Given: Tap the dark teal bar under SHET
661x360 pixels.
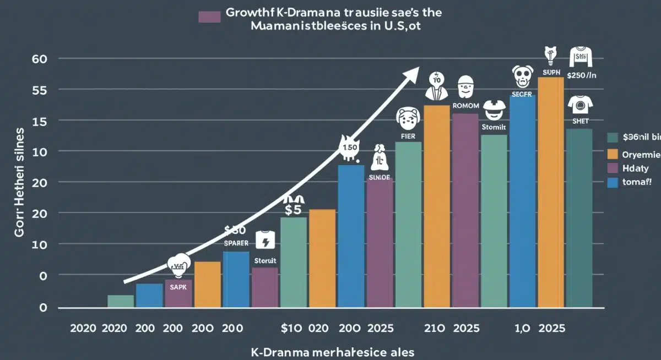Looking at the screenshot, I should coord(579,217).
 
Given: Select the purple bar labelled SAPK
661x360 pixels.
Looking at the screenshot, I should coord(178,293).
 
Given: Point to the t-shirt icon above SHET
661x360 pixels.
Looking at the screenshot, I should coord(579,104).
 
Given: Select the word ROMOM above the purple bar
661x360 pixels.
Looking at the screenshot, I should coord(467,105).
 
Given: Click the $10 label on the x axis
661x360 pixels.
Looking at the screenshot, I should coord(291,329).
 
